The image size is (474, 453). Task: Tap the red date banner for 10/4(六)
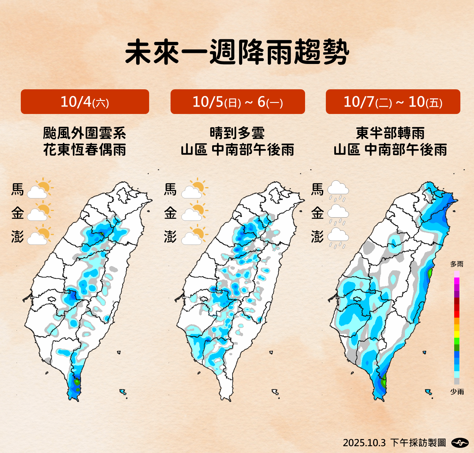pyautogui.click(x=85, y=102)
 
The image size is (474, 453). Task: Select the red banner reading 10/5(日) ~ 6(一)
pyautogui.click(x=237, y=102)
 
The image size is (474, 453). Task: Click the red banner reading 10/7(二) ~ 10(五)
pyautogui.click(x=393, y=102)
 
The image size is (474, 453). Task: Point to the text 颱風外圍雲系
pyautogui.click(x=84, y=133)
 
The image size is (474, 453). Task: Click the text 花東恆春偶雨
pyautogui.click(x=84, y=150)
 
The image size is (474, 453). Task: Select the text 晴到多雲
pyautogui.click(x=237, y=133)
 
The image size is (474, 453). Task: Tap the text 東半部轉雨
pyautogui.click(x=390, y=133)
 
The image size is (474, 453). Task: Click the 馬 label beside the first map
pyautogui.click(x=18, y=189)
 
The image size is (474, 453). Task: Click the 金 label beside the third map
pyautogui.click(x=317, y=213)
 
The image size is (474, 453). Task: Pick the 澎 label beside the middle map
pyautogui.click(x=170, y=237)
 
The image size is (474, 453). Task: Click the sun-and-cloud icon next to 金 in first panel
pyautogui.click(x=40, y=212)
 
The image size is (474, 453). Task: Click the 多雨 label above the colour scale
pyautogui.click(x=456, y=264)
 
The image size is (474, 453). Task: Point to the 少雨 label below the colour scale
pyautogui.click(x=456, y=392)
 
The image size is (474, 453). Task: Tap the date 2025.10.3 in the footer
pyautogui.click(x=364, y=443)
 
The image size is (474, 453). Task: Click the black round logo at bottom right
pyautogui.click(x=460, y=442)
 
